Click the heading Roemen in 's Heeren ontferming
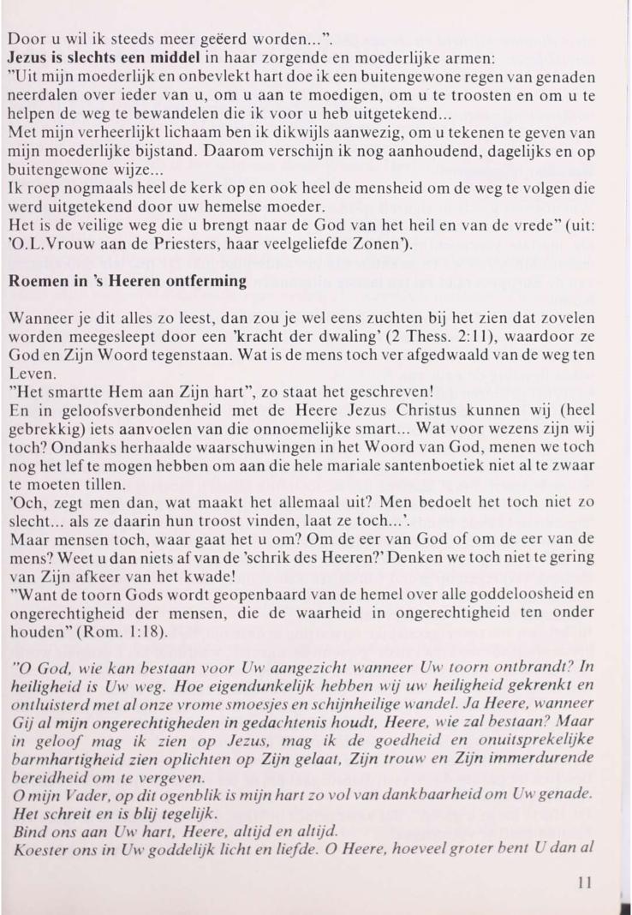(128, 280)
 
